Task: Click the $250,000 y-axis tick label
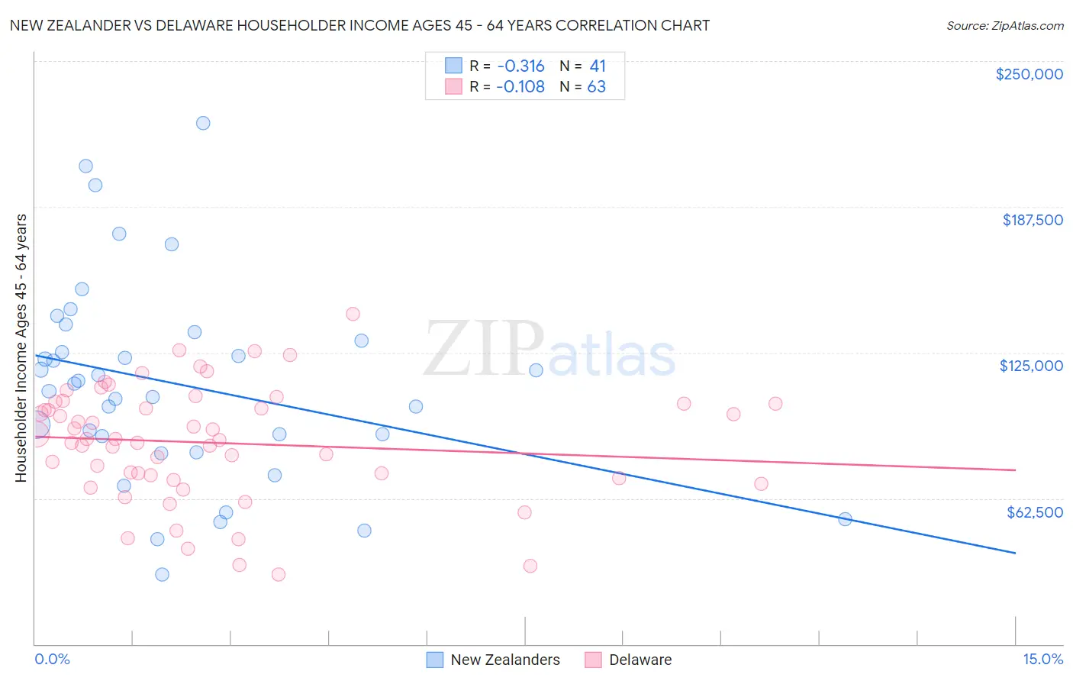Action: (1029, 74)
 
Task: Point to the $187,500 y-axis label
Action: (1032, 220)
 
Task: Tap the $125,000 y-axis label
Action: (1031, 366)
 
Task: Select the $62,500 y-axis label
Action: (1034, 512)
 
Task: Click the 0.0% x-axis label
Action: (52, 659)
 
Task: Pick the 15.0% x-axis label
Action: (1042, 659)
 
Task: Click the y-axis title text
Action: (21, 348)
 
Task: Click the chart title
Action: (359, 25)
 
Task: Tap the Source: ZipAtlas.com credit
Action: (1004, 25)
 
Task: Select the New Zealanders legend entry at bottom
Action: (504, 660)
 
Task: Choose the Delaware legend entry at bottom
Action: (640, 660)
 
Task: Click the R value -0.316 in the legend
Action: (520, 66)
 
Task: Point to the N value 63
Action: (596, 86)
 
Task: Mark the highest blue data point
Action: (203, 123)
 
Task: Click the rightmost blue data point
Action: (845, 519)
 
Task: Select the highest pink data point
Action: (353, 314)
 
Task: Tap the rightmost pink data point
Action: (775, 404)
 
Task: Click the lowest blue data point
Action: (162, 574)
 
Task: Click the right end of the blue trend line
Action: (1015, 552)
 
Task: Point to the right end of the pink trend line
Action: (1015, 470)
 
